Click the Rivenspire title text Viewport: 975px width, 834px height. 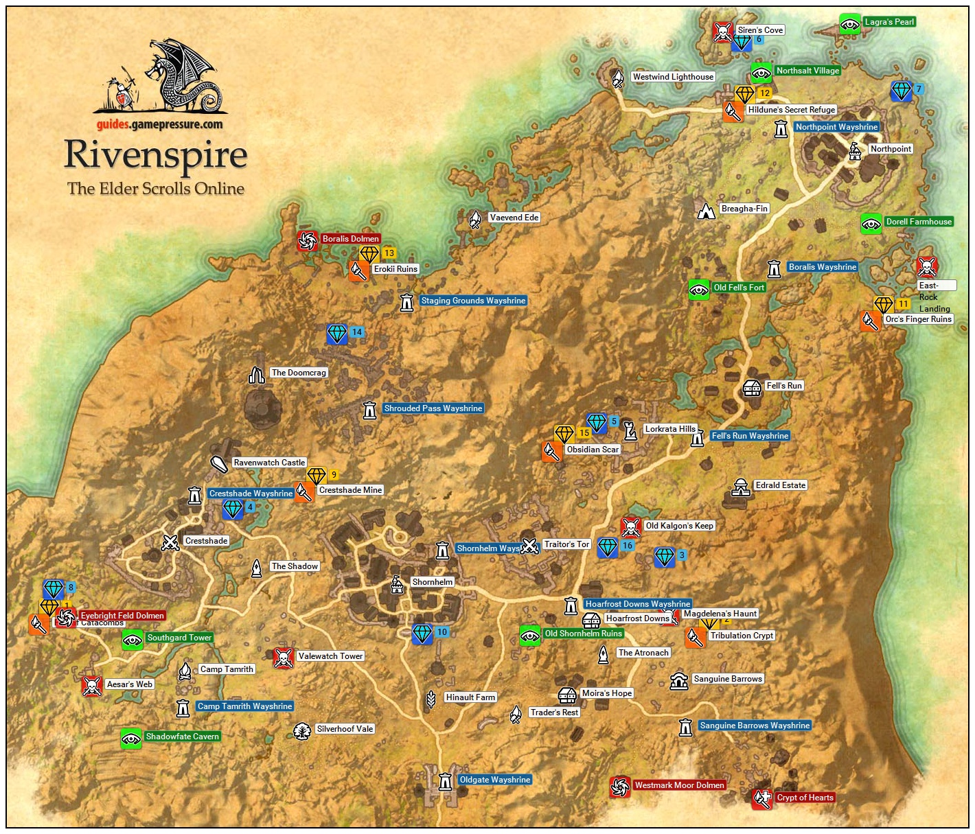pyautogui.click(x=155, y=155)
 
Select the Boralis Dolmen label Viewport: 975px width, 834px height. pyautogui.click(x=350, y=239)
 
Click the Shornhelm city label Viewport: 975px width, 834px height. pyautogui.click(x=432, y=582)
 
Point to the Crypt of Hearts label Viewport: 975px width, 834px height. pyautogui.click(x=805, y=798)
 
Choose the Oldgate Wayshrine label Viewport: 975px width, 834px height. pyautogui.click(x=494, y=780)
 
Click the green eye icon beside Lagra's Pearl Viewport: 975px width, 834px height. pyautogui.click(x=850, y=25)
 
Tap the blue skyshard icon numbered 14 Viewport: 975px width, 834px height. pyautogui.click(x=337, y=334)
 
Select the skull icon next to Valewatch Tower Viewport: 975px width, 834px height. pyautogui.click(x=284, y=658)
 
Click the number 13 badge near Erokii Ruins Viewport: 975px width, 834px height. pyautogui.click(x=389, y=253)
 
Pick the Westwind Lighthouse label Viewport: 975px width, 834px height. pyautogui.click(x=673, y=77)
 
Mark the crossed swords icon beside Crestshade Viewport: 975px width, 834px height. pyautogui.click(x=170, y=542)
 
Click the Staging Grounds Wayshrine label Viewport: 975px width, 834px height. pyautogui.click(x=473, y=301)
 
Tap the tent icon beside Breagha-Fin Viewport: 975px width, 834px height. pyautogui.click(x=706, y=210)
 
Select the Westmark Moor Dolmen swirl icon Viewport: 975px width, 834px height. pyautogui.click(x=620, y=787)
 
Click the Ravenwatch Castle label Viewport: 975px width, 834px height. pyautogui.click(x=269, y=463)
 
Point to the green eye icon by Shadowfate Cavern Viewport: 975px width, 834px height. pyautogui.click(x=131, y=738)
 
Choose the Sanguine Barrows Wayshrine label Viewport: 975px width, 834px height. pyautogui.click(x=755, y=726)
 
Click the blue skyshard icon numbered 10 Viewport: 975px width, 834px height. pyautogui.click(x=422, y=634)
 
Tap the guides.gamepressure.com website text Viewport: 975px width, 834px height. pyautogui.click(x=159, y=124)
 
